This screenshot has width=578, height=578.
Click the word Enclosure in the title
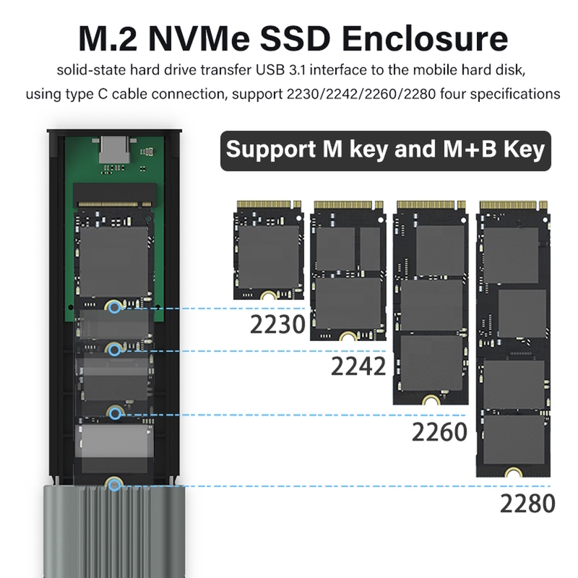pyautogui.click(x=425, y=39)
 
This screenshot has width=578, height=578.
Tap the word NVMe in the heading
pyautogui.click(x=199, y=39)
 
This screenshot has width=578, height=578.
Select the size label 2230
pyautogui.click(x=277, y=324)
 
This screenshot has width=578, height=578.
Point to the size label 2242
pyautogui.click(x=358, y=366)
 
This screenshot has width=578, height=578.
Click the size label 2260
pyautogui.click(x=439, y=432)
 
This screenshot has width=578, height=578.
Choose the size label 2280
pyautogui.click(x=527, y=504)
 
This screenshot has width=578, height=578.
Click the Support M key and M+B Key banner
pyautogui.click(x=386, y=151)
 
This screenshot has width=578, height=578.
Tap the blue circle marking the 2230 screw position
pyautogui.click(x=115, y=307)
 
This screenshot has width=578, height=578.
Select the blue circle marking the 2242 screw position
pyautogui.click(x=115, y=350)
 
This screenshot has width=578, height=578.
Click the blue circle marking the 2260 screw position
pyautogui.click(x=116, y=414)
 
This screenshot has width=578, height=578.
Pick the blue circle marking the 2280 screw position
pyautogui.click(x=115, y=485)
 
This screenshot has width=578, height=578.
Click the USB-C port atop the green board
pyautogui.click(x=114, y=150)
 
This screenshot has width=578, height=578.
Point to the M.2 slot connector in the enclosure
pyautogui.click(x=115, y=196)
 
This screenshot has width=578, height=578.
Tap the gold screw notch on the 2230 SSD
pyautogui.click(x=268, y=295)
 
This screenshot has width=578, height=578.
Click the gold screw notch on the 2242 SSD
pyautogui.click(x=348, y=336)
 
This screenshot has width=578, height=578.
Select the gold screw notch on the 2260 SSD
pyautogui.click(x=430, y=400)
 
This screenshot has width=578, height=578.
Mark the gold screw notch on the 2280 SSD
pyautogui.click(x=513, y=473)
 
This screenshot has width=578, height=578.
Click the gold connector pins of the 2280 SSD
pyautogui.click(x=514, y=205)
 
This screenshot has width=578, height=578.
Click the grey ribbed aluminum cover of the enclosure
pyautogui.click(x=114, y=532)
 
